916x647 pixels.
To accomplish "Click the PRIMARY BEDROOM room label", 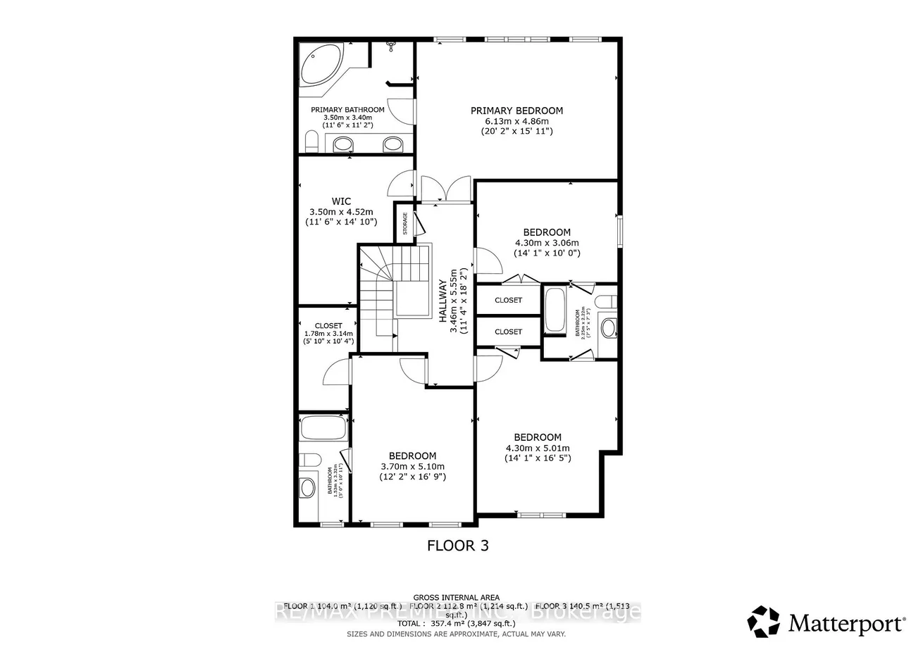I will pos(516,111).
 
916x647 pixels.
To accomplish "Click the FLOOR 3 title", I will pos(458,545).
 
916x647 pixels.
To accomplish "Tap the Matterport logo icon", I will pos(763,622).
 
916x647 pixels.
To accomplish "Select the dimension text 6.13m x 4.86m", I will pos(516,120).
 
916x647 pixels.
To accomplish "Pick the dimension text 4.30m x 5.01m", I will pos(537,448).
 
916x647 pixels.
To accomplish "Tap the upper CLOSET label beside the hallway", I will pos(508,300).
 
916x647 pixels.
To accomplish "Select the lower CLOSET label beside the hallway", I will pos(508,332).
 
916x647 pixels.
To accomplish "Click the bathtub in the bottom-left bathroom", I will pos(323,427).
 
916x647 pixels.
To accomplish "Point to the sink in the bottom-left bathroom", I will pos(308,487).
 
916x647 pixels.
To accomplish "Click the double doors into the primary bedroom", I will pos(445,189).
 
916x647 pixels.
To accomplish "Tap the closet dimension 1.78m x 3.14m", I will pos(328,334).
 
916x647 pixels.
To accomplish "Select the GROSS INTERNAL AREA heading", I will pos(457,596).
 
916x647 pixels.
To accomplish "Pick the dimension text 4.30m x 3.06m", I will pos(546,243).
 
